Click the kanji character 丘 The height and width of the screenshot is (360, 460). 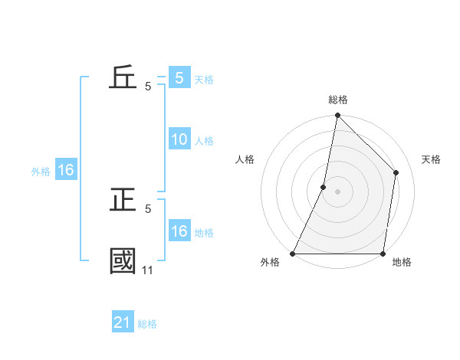123,78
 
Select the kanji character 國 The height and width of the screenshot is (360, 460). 123,260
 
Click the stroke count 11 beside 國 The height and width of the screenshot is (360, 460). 147,270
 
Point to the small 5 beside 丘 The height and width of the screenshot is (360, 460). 148,87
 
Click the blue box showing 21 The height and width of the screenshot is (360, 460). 123,322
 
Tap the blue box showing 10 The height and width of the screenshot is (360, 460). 179,139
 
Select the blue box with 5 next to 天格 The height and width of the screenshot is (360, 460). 179,78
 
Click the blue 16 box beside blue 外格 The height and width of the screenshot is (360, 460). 66,171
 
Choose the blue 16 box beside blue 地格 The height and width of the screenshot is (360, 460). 179,231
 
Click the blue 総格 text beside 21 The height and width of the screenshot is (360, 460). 147,324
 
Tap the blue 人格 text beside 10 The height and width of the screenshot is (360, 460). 204,141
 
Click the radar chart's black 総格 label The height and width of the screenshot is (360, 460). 338,100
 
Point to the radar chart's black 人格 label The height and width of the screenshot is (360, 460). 245,159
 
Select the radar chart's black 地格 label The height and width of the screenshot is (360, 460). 402,263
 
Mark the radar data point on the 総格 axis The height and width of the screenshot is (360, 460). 338,116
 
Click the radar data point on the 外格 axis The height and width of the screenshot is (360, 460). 293,254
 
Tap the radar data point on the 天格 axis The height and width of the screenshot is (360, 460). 396,172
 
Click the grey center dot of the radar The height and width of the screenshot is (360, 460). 338,191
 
